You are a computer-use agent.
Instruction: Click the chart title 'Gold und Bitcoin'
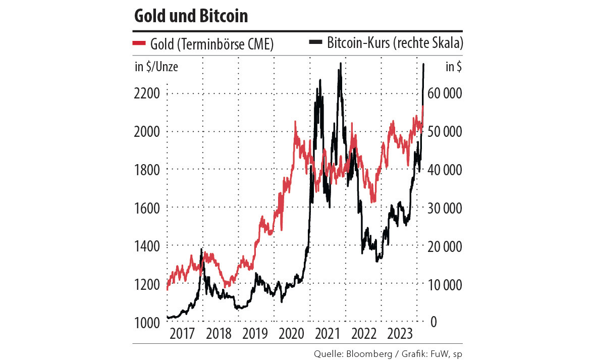[x=191, y=16]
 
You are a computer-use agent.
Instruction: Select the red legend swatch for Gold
[x=139, y=44]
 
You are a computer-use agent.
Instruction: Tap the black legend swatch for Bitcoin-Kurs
[x=315, y=44]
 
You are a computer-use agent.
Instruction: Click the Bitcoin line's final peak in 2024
[x=423, y=65]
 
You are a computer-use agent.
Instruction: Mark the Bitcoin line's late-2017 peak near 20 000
[x=202, y=249]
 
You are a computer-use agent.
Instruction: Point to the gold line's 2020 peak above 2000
[x=295, y=122]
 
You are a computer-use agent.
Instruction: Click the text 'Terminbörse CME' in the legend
[x=225, y=44]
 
